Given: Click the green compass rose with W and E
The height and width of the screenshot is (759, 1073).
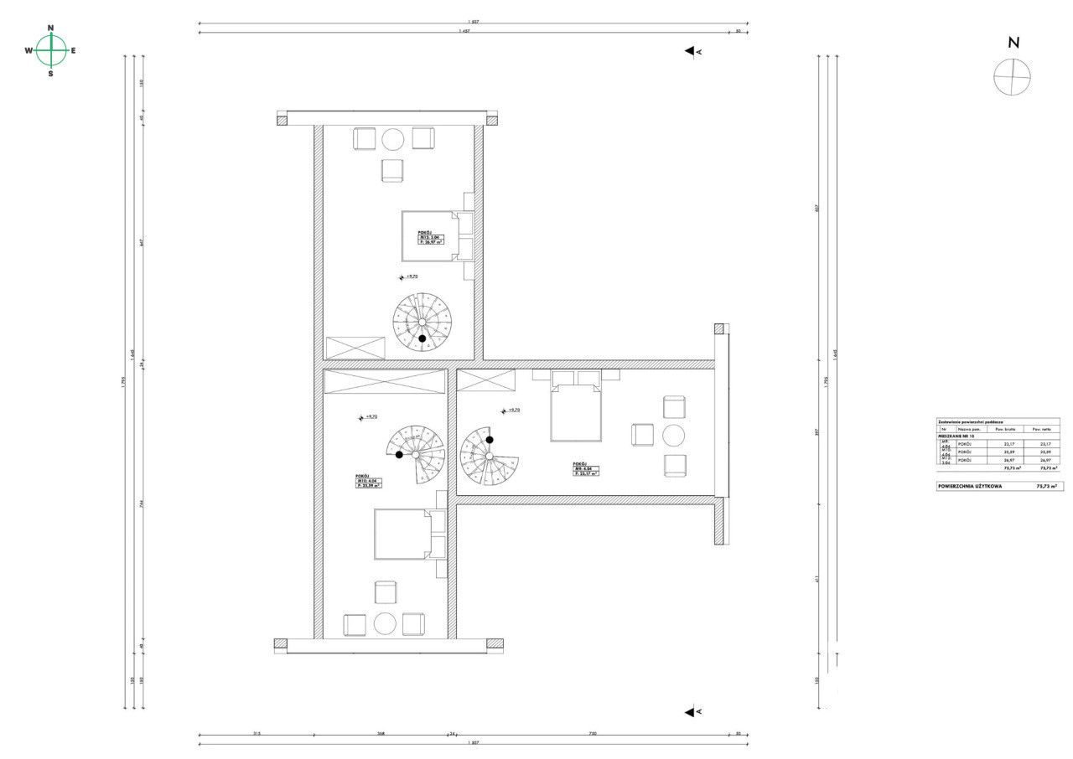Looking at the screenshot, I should coord(51,50).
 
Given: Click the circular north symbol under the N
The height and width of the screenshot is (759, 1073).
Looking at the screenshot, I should coord(1012,77).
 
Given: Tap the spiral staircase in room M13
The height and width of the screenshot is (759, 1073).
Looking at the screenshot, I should coord(422,322).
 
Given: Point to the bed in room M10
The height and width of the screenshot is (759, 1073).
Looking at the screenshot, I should coord(403,534).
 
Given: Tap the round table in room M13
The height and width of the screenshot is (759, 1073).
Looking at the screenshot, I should coord(393,139).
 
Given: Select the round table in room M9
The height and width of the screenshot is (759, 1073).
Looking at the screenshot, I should coord(675,436).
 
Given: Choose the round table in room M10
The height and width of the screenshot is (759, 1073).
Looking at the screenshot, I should coord(385,624).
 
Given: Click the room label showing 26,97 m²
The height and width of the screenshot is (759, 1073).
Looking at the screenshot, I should coord(431,238).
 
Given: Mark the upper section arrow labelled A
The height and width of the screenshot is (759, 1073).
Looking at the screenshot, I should coord(692,51).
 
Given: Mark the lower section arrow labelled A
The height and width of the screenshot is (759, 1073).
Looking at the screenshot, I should coord(692,712).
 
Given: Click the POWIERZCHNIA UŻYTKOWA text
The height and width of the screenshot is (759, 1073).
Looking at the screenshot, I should coord(970,486).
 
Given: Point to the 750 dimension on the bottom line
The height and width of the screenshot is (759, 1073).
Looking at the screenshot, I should coord(592,734).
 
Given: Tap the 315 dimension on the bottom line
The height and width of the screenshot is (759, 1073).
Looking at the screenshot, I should coord(257,734).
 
